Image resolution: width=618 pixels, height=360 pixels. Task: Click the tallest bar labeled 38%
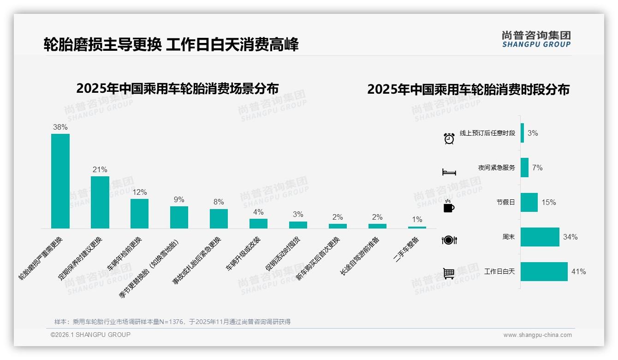coord(60,181)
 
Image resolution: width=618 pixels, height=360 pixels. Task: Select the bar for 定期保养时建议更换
coord(100,202)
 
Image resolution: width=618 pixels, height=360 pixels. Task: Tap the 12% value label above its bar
coord(140,192)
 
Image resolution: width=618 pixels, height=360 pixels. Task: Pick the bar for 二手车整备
coord(417,227)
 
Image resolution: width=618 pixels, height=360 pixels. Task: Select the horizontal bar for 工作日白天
coord(544,271)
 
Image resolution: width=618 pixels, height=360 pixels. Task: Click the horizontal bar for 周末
coord(540,237)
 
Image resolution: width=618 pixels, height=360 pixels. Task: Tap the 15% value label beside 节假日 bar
coord(549,202)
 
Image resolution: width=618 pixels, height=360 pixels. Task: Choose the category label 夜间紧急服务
coord(496,168)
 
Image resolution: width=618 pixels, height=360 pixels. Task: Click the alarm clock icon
coord(449,138)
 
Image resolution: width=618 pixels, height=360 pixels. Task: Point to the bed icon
coord(449,172)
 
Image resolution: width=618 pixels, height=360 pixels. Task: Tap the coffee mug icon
coord(449,206)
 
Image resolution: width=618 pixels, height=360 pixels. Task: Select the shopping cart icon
coord(449,274)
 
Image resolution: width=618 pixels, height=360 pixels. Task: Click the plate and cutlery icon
coord(449,240)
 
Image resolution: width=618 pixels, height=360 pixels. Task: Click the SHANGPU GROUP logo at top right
coord(536,39)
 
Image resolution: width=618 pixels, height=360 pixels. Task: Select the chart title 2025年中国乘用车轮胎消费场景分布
coord(178,88)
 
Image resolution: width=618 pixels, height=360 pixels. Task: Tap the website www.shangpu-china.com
coord(537,335)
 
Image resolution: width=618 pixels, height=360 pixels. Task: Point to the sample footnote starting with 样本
coord(172,322)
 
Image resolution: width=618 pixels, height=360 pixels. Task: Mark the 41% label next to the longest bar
coord(578,271)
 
